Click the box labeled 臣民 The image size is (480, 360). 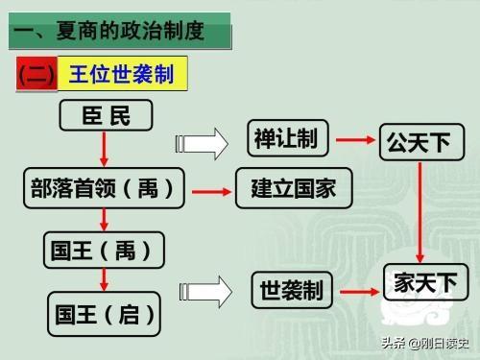coord(106,116)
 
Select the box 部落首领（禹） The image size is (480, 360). coord(104,188)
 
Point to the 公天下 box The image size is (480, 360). coord(419,143)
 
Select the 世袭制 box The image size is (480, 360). coord(292,289)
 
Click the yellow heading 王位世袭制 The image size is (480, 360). coord(121,73)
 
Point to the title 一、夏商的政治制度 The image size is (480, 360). coord(120,33)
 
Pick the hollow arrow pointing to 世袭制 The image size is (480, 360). coord(210,289)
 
